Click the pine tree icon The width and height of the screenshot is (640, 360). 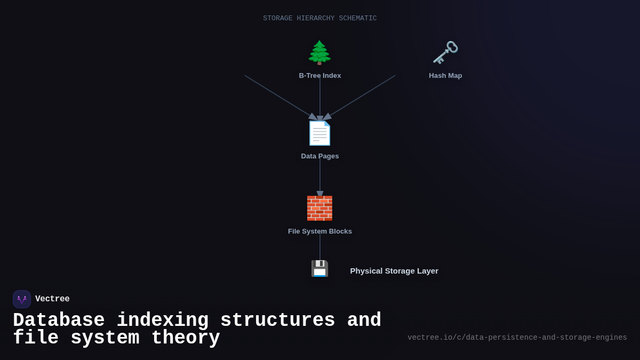(x=319, y=52)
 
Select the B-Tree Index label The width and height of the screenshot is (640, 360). (x=320, y=76)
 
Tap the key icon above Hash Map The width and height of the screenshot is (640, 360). (x=445, y=52)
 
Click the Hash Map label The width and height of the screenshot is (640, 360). (x=445, y=76)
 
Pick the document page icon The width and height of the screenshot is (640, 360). (x=319, y=133)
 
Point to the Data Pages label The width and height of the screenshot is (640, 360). (x=320, y=156)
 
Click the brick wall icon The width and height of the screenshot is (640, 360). (x=319, y=208)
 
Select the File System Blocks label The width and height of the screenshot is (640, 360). (x=320, y=231)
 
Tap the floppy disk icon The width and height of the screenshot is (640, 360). (x=319, y=268)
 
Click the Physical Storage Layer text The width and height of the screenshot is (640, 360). (x=394, y=271)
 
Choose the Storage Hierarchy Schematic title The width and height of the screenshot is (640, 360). (x=320, y=19)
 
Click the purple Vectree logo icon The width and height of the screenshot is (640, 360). (x=22, y=299)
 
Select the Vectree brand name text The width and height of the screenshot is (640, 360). (x=52, y=299)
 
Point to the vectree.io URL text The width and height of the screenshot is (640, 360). (x=517, y=338)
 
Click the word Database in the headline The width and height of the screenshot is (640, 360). (x=59, y=321)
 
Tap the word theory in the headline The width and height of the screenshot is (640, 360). (x=186, y=338)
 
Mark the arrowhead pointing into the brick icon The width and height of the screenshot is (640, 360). (x=320, y=194)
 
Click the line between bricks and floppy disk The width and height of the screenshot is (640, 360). (x=320, y=247)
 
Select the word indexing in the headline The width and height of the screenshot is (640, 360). (x=163, y=321)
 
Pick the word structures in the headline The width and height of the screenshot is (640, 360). (x=277, y=321)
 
